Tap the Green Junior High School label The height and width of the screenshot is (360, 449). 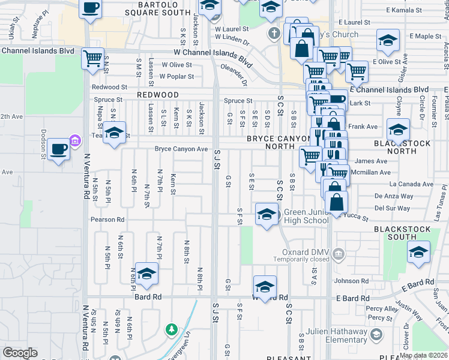point(306,216)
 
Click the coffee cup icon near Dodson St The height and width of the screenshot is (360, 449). point(58,148)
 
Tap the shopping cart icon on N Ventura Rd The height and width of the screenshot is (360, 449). point(92,59)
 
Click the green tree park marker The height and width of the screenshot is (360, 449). point(172,329)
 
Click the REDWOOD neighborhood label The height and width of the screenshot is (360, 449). point(157,95)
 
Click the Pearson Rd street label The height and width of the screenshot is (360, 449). point(108,220)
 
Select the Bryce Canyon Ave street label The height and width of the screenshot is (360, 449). point(181,149)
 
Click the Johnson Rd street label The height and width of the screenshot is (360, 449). point(351,281)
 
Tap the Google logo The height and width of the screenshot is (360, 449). point(20,353)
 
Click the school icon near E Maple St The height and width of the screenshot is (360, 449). point(388,41)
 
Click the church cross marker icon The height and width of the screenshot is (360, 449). point(274,33)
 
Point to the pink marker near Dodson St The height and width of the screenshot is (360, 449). point(74,141)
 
